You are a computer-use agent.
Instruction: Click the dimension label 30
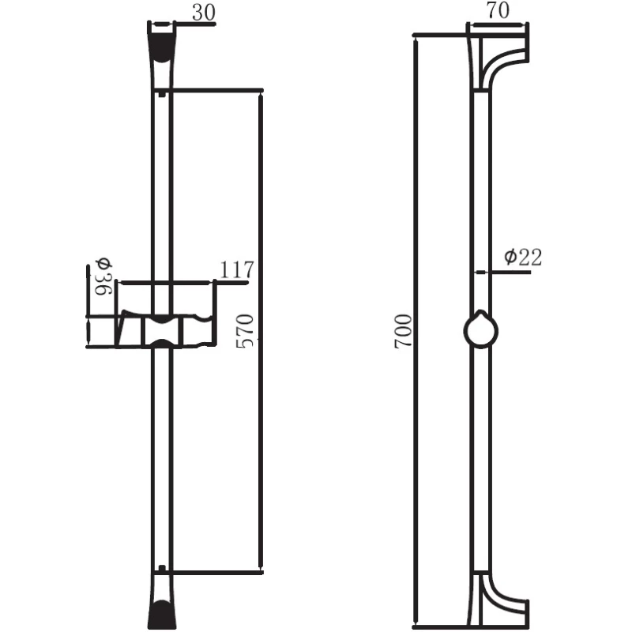[x=204, y=13]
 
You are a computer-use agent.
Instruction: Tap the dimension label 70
[x=498, y=10]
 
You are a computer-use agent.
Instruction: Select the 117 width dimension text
[x=237, y=269]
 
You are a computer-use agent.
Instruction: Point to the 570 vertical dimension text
[x=245, y=331]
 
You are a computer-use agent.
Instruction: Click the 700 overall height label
[x=403, y=331]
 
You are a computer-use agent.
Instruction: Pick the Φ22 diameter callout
[x=523, y=258]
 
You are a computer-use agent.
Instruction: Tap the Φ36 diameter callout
[x=103, y=277]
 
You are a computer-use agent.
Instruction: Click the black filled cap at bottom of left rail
[x=162, y=614]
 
